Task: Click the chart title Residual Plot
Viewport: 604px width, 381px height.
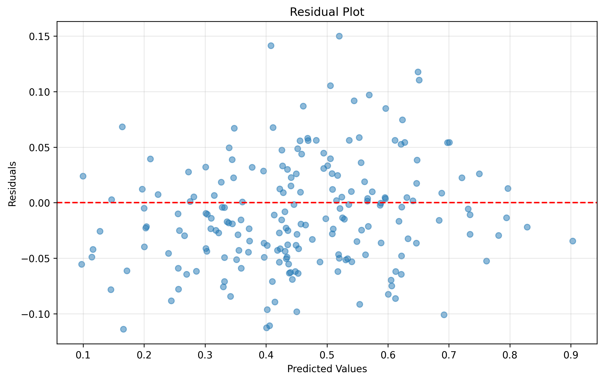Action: pyautogui.click(x=327, y=12)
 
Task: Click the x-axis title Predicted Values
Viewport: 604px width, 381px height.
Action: pyautogui.click(x=327, y=369)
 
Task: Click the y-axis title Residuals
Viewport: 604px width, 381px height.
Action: pyautogui.click(x=12, y=184)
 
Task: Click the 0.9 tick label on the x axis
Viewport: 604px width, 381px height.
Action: pyautogui.click(x=571, y=356)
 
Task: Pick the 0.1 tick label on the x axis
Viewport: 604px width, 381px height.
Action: pyautogui.click(x=83, y=356)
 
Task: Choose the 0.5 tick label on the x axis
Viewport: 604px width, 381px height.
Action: pyautogui.click(x=327, y=356)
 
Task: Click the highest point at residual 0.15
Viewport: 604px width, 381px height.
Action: pyautogui.click(x=339, y=36)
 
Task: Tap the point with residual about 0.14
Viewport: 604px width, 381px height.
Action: pyautogui.click(x=271, y=46)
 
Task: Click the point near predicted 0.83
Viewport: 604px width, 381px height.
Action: pyautogui.click(x=527, y=227)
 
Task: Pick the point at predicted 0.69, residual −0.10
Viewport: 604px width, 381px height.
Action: pyautogui.click(x=444, y=315)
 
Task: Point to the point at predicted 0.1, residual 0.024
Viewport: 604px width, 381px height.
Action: pyautogui.click(x=83, y=176)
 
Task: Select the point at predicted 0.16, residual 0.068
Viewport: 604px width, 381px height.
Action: pyautogui.click(x=122, y=127)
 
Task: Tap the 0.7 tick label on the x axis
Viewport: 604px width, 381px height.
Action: pyautogui.click(x=449, y=356)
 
